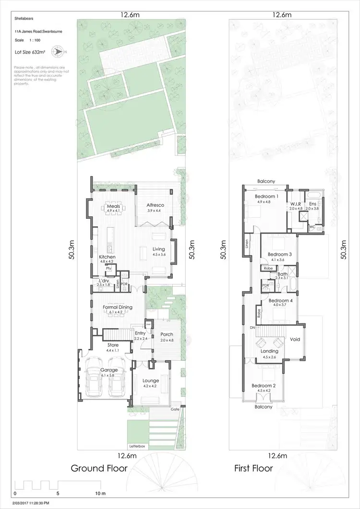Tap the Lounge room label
151,380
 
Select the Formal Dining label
118,308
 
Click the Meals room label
113,206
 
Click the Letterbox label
137,446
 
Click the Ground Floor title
99,468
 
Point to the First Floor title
253,468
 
